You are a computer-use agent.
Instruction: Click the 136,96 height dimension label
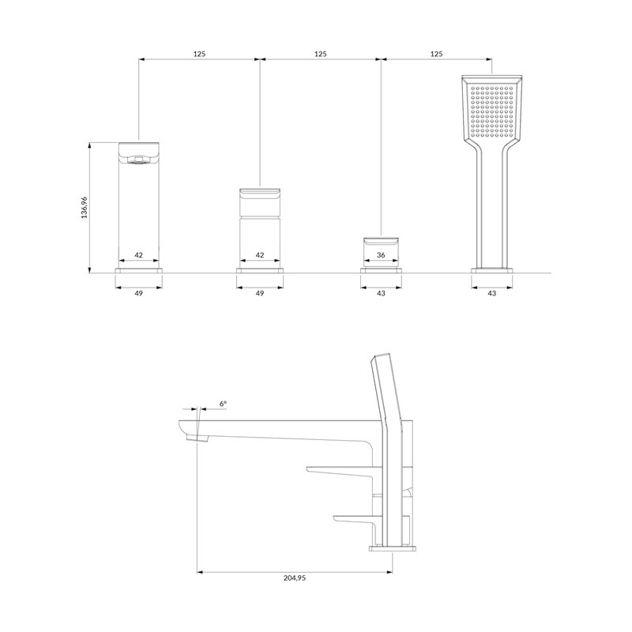point(85,208)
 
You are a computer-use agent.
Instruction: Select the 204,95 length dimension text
point(295,577)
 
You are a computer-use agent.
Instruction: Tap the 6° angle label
point(224,403)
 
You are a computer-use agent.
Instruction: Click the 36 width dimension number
point(381,254)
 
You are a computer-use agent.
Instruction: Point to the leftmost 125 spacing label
point(200,54)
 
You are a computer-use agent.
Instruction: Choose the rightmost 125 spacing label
point(437,54)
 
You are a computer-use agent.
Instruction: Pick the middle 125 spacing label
point(321,54)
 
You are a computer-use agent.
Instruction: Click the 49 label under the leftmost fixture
point(139,293)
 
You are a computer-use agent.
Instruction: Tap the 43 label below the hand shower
point(492,293)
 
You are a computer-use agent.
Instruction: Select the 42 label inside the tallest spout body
point(139,254)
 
